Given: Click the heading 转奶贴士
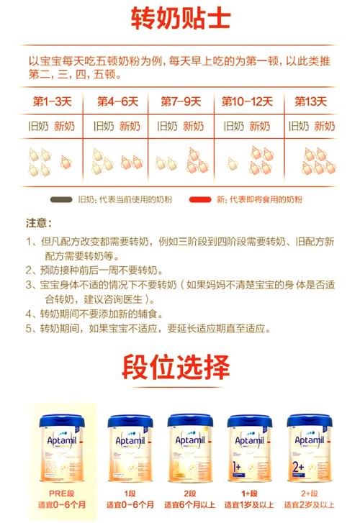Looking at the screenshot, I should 181,19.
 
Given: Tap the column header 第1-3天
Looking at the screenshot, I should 50,101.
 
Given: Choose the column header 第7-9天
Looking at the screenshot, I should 181,101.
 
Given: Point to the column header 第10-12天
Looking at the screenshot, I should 245,101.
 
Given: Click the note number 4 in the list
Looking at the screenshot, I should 30,314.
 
